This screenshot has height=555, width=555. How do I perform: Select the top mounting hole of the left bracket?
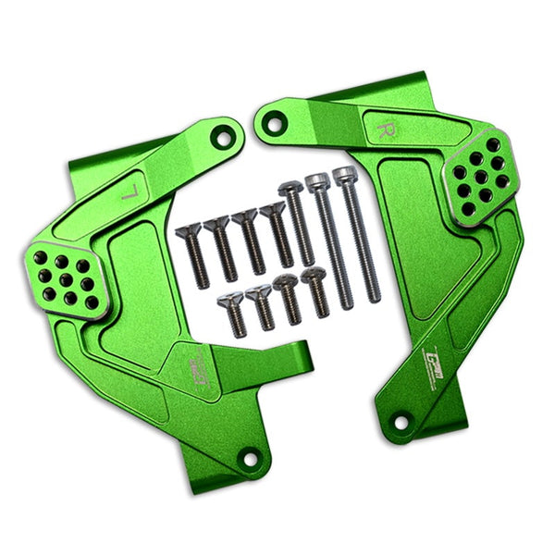click(x=222, y=137)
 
